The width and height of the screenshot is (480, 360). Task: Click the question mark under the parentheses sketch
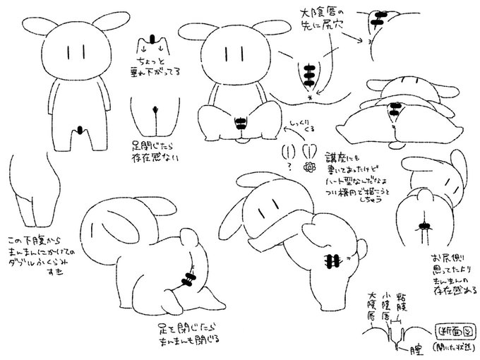290,167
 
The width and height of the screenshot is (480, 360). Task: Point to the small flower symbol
308,167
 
